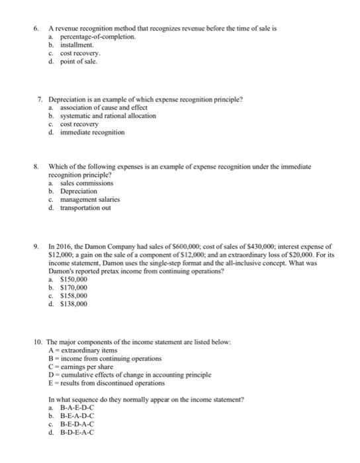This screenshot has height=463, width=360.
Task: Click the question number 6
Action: pos(38,30)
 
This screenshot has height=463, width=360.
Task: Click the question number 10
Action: pos(38,341)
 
